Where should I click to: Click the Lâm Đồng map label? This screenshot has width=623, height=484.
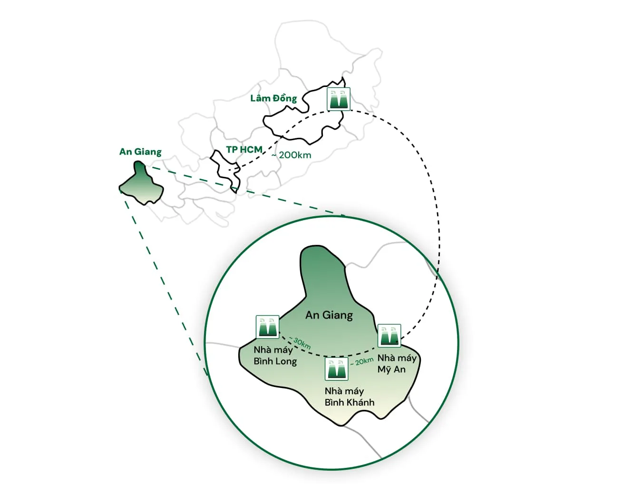273,98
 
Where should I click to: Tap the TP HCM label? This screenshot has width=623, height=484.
244,149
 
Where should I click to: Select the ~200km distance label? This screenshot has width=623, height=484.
292,155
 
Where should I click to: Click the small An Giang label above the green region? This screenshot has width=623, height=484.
140,152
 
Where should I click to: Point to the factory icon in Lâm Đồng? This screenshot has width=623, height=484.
339,99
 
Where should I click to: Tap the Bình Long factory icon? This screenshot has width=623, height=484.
267,327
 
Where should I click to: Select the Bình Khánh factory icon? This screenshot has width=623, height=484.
337,368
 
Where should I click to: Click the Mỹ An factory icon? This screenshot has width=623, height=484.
389,336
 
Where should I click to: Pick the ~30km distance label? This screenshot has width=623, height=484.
300,343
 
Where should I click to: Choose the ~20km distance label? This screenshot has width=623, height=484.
362,362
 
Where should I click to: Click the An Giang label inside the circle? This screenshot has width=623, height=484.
329,315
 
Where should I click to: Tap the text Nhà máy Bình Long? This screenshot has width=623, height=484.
274,356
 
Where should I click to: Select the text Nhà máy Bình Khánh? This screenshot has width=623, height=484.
349,397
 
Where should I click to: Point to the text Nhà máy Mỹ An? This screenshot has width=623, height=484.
396,364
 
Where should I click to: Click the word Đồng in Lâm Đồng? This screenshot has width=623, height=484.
285,98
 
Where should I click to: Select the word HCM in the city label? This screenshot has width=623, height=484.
251,149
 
